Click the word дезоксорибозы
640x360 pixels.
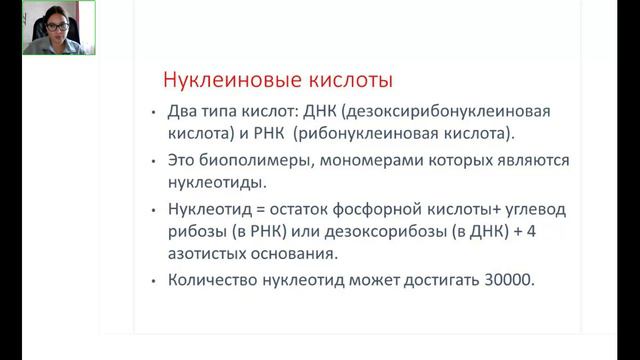pyautogui.click(x=356, y=232)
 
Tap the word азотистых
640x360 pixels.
pyautogui.click(x=208, y=255)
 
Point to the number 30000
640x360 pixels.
pyautogui.click(x=506, y=281)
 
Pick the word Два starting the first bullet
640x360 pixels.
pyautogui.click(x=182, y=111)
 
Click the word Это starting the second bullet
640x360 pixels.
pyautogui.click(x=182, y=159)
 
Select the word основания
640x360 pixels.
pyautogui.click(x=295, y=255)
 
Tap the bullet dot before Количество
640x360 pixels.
pyautogui.click(x=153, y=282)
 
